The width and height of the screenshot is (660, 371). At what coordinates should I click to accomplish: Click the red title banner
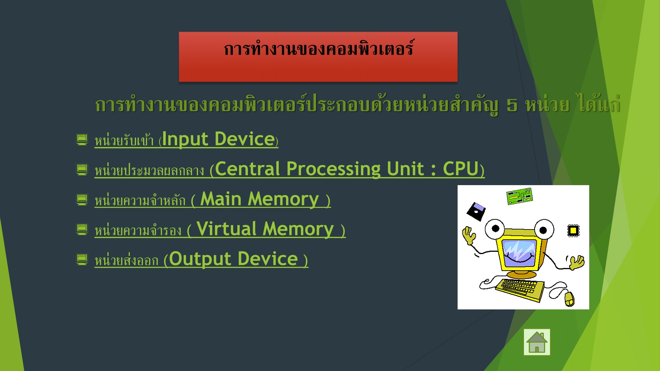click(318, 57)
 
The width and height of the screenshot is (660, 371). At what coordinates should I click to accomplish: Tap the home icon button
click(537, 342)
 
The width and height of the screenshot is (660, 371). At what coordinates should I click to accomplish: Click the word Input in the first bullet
click(185, 139)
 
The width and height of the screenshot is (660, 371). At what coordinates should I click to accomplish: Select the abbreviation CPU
click(461, 169)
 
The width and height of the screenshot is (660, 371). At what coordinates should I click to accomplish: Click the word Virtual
click(226, 229)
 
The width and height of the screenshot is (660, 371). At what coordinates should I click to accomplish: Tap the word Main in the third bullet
click(221, 199)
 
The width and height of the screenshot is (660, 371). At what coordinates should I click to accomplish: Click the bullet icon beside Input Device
click(82, 139)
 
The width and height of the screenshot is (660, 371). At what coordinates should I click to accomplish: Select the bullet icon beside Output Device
click(82, 259)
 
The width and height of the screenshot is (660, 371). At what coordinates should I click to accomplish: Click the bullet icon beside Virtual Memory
click(82, 229)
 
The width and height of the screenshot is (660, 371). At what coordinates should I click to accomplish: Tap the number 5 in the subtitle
click(512, 105)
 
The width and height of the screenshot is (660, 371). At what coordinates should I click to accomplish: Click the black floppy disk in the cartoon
click(476, 212)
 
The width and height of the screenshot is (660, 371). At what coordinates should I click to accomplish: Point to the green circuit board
click(519, 196)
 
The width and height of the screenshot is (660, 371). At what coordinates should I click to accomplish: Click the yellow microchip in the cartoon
click(573, 231)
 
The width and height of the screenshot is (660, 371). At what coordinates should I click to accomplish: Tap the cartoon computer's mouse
click(569, 299)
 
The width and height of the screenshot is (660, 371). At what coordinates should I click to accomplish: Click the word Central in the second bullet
click(247, 169)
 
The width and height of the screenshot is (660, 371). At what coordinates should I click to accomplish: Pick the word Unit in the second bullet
click(405, 169)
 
